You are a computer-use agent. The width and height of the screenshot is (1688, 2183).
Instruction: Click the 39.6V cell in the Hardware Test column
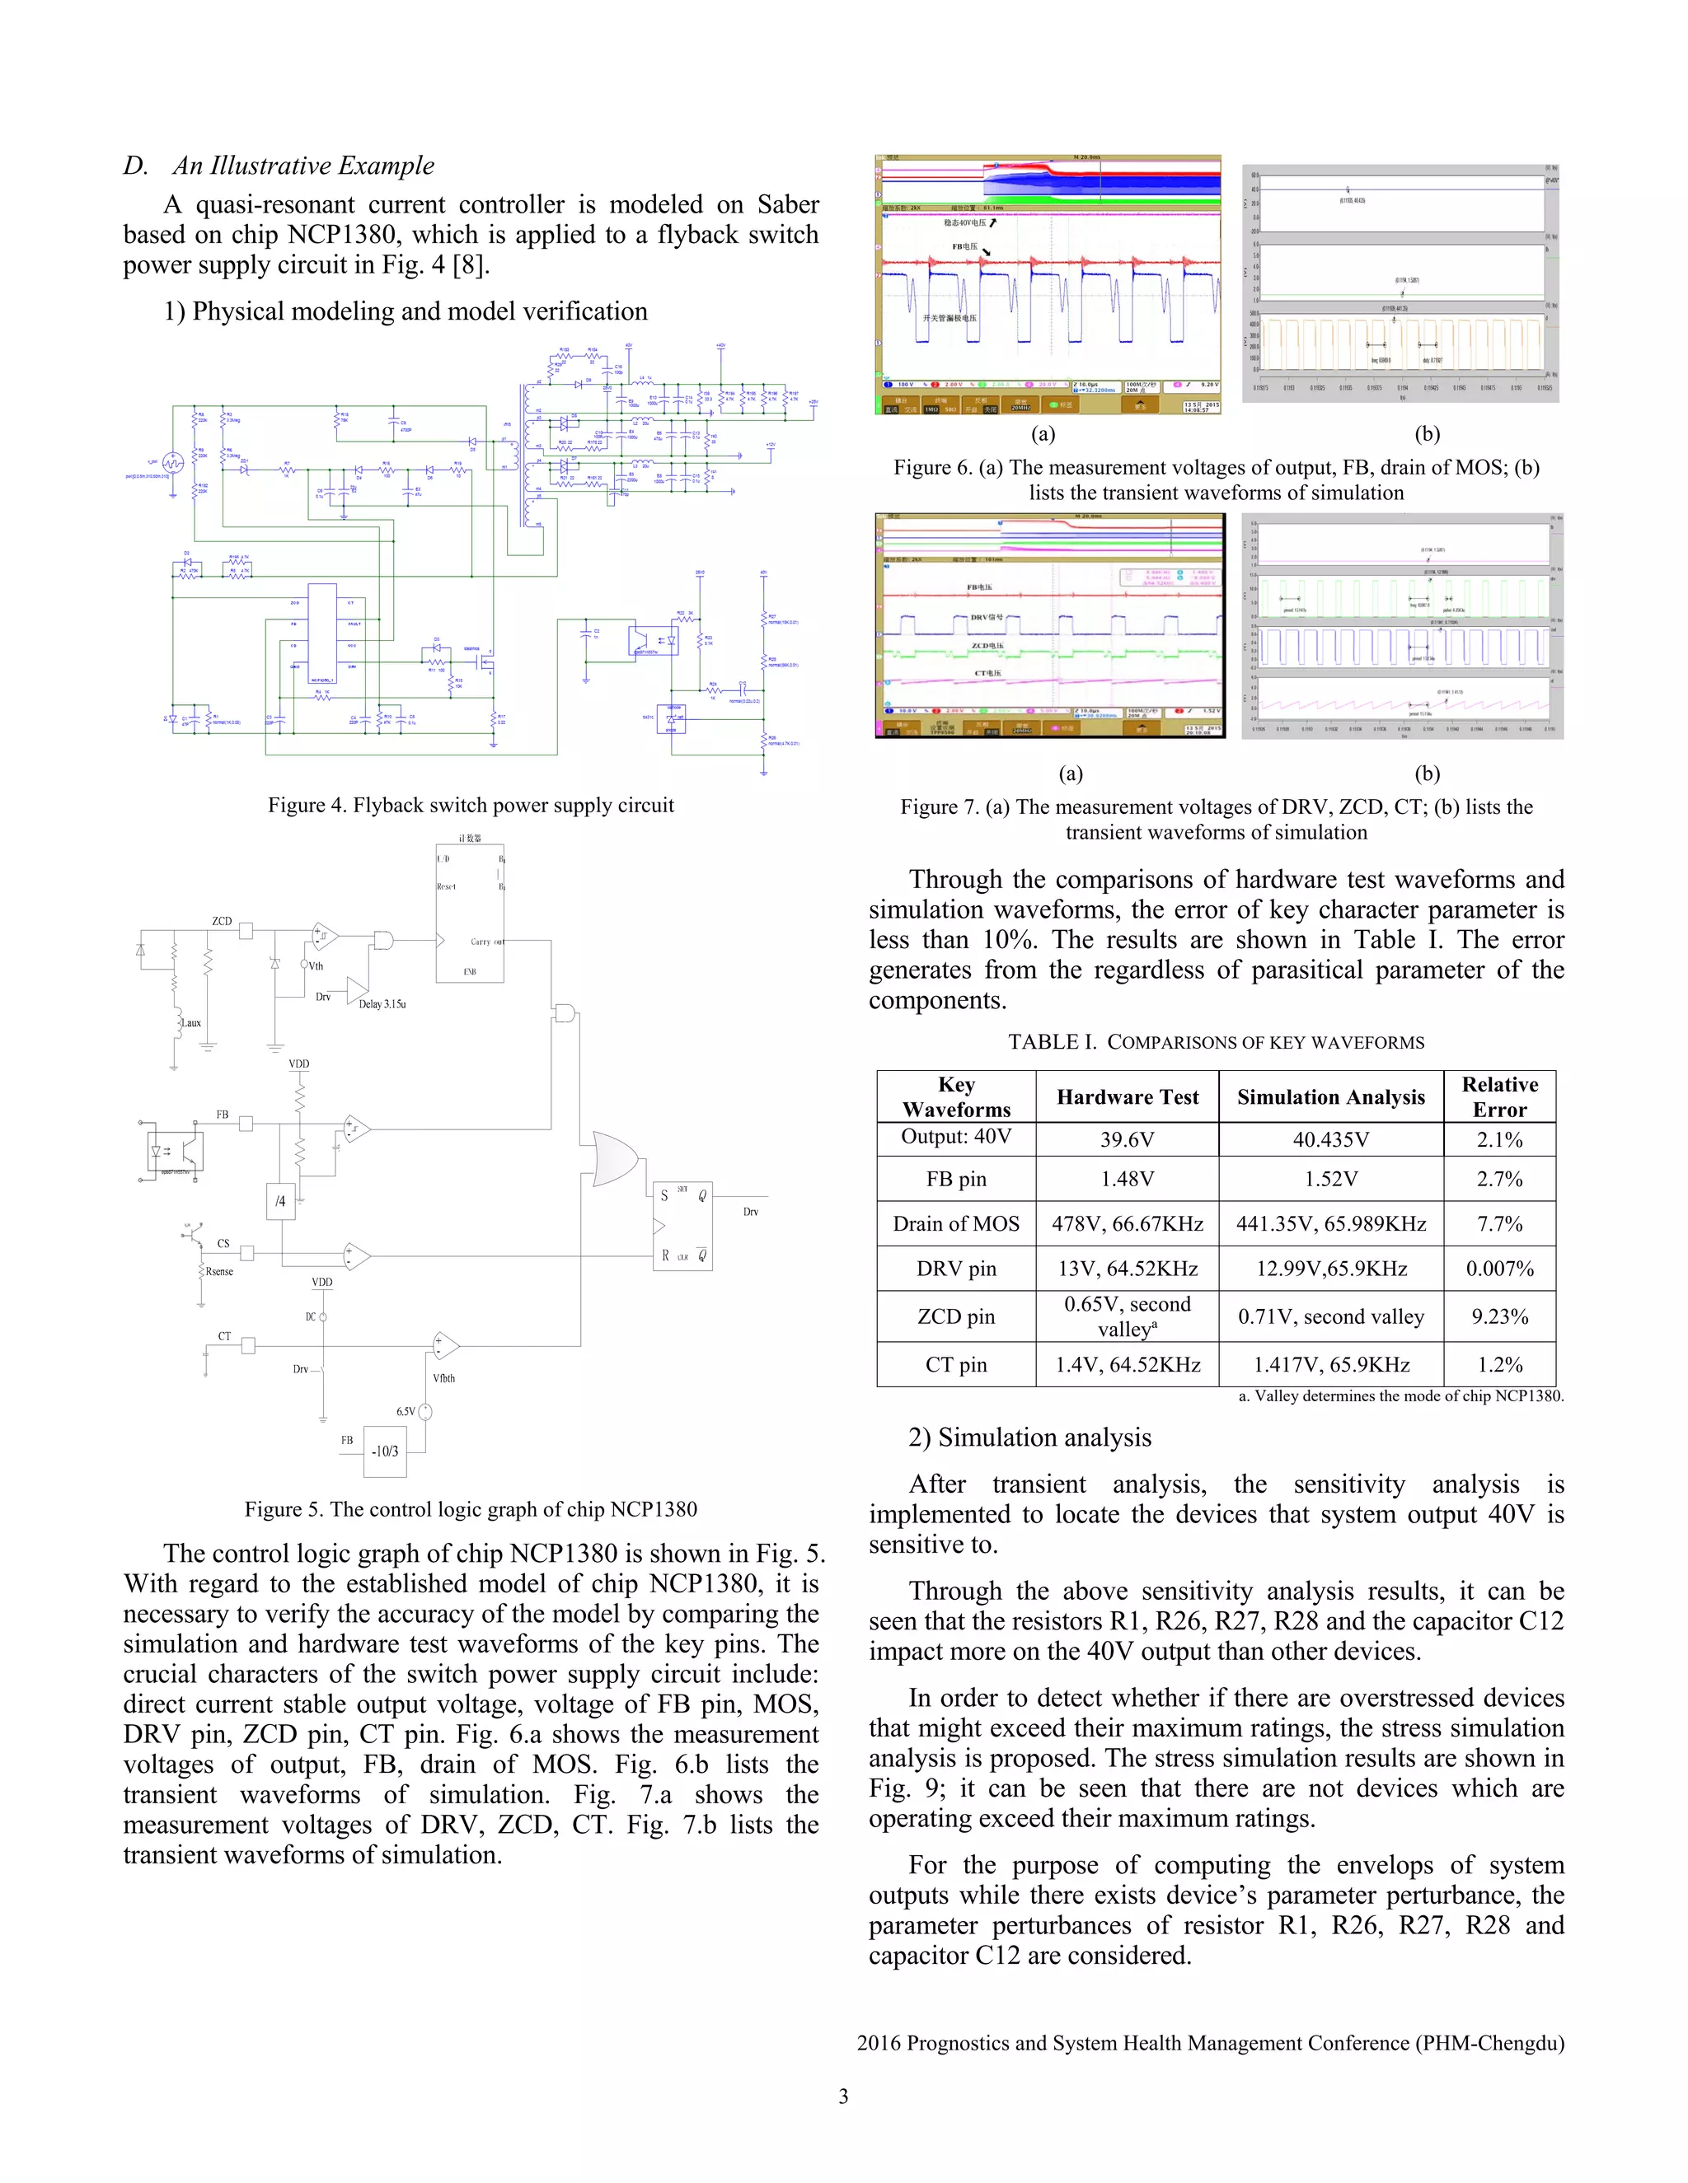pyautogui.click(x=1127, y=1139)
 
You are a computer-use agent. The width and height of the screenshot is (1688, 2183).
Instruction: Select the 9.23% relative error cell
pyautogui.click(x=1499, y=1316)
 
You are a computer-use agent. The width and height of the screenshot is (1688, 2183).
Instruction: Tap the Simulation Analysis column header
pyautogui.click(x=1330, y=1096)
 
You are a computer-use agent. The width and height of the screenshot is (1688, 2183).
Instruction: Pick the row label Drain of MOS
pyautogui.click(x=956, y=1223)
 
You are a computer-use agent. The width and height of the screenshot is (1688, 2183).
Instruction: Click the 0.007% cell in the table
pyautogui.click(x=1499, y=1269)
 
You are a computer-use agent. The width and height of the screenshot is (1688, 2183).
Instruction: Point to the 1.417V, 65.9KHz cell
pyautogui.click(x=1331, y=1364)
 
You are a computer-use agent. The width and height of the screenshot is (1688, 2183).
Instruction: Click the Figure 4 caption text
pyautogui.click(x=470, y=805)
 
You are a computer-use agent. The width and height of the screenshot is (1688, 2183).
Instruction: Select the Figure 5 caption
pyautogui.click(x=470, y=1508)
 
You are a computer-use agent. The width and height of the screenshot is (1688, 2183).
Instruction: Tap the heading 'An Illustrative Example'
pyautogui.click(x=303, y=165)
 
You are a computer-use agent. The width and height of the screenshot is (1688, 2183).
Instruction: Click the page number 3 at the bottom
pyautogui.click(x=843, y=2096)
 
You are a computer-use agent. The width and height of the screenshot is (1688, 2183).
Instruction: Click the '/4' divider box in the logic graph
pyautogui.click(x=281, y=1200)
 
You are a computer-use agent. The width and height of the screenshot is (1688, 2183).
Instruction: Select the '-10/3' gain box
pyautogui.click(x=385, y=1451)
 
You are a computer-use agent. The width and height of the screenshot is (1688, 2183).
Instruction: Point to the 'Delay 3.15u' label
pyautogui.click(x=382, y=1003)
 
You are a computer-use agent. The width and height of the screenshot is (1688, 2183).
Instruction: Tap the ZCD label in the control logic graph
pyautogui.click(x=222, y=921)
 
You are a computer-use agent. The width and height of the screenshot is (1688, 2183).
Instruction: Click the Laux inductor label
pyautogui.click(x=191, y=1022)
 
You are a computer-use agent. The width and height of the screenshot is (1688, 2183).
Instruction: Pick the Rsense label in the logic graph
pyautogui.click(x=219, y=1271)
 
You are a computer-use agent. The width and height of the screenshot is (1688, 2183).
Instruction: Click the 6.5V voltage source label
pyautogui.click(x=405, y=1411)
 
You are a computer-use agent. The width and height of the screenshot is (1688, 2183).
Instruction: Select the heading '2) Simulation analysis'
pyautogui.click(x=1030, y=1437)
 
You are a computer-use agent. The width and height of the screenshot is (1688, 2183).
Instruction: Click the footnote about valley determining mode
pyautogui.click(x=1400, y=1395)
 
